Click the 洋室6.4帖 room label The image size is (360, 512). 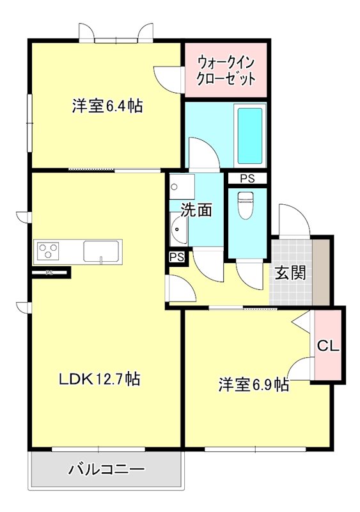coord(107,107)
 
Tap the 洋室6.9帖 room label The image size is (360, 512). coord(253,385)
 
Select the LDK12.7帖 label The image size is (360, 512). coord(100,379)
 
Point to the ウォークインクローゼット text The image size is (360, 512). coord(226,71)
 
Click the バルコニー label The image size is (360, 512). coord(106,470)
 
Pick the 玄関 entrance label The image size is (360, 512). coord(290,272)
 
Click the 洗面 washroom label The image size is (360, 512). coord(196,210)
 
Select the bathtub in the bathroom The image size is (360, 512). coord(249,136)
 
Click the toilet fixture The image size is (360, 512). coord(246,205)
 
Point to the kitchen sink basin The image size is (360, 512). coord(101,250)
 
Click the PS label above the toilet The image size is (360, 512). coord(247,179)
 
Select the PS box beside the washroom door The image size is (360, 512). coord(177,257)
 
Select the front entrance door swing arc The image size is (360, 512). coord(294,221)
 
